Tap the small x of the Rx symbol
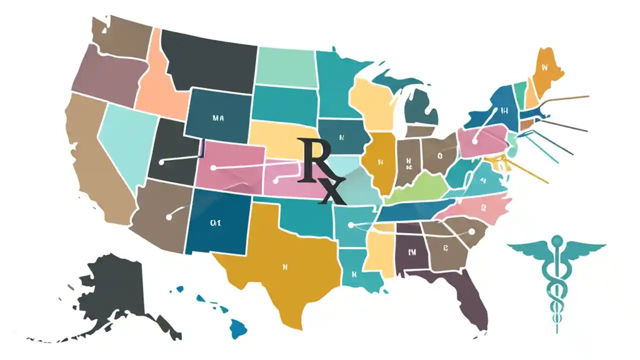click(x=330, y=192)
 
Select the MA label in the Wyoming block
click(x=218, y=118)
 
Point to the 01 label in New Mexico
click(x=215, y=223)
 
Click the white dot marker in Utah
click(x=161, y=162)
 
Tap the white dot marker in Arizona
click(x=168, y=217)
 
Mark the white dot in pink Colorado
click(x=213, y=168)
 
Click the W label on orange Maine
click(x=544, y=66)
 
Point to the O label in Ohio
click(x=440, y=155)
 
